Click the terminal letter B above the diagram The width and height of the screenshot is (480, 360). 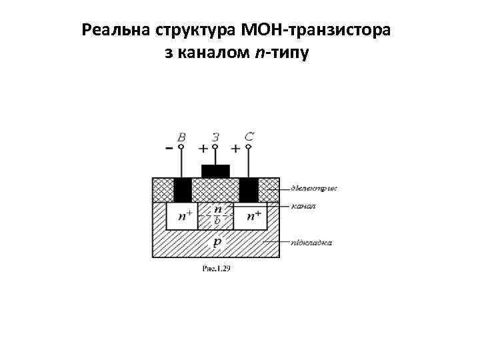pyautogui.click(x=181, y=136)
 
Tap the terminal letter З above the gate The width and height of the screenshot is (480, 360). pyautogui.click(x=215, y=136)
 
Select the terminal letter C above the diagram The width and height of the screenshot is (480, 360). pyautogui.click(x=249, y=136)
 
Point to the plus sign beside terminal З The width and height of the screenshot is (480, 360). pyautogui.click(x=203, y=147)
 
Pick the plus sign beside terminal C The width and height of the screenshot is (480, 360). pyautogui.click(x=235, y=147)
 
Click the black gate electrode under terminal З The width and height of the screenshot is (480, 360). pyautogui.click(x=215, y=171)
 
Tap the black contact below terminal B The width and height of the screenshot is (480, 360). pyautogui.click(x=182, y=190)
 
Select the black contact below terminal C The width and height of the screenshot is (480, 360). pyautogui.click(x=249, y=190)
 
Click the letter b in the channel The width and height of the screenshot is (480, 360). pyautogui.click(x=217, y=221)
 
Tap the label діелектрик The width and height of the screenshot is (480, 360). pyautogui.click(x=314, y=189)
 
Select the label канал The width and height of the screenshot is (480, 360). pyautogui.click(x=304, y=206)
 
